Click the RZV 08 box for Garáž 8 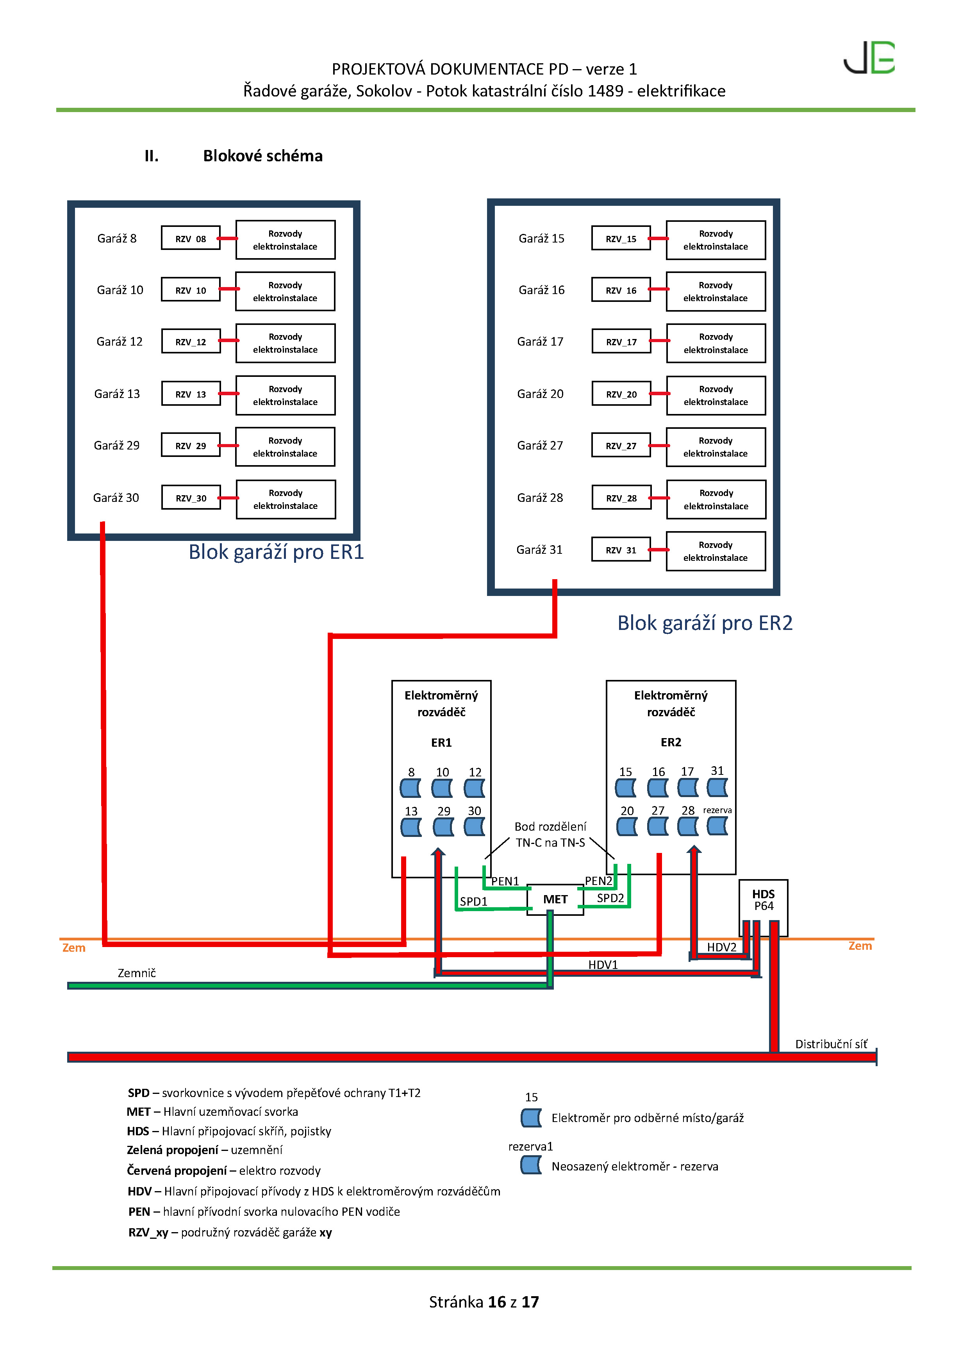[190, 238]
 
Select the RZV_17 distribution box [621, 342]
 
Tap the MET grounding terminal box [555, 899]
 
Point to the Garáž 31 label [539, 549]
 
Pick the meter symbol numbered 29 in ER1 [443, 827]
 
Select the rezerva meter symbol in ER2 [717, 826]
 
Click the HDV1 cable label [603, 965]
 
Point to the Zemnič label [137, 973]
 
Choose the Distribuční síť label [831, 1044]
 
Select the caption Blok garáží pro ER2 [705, 623]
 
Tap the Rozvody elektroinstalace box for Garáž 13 [285, 395]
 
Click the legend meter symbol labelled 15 [530, 1118]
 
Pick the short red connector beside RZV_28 [659, 498]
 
